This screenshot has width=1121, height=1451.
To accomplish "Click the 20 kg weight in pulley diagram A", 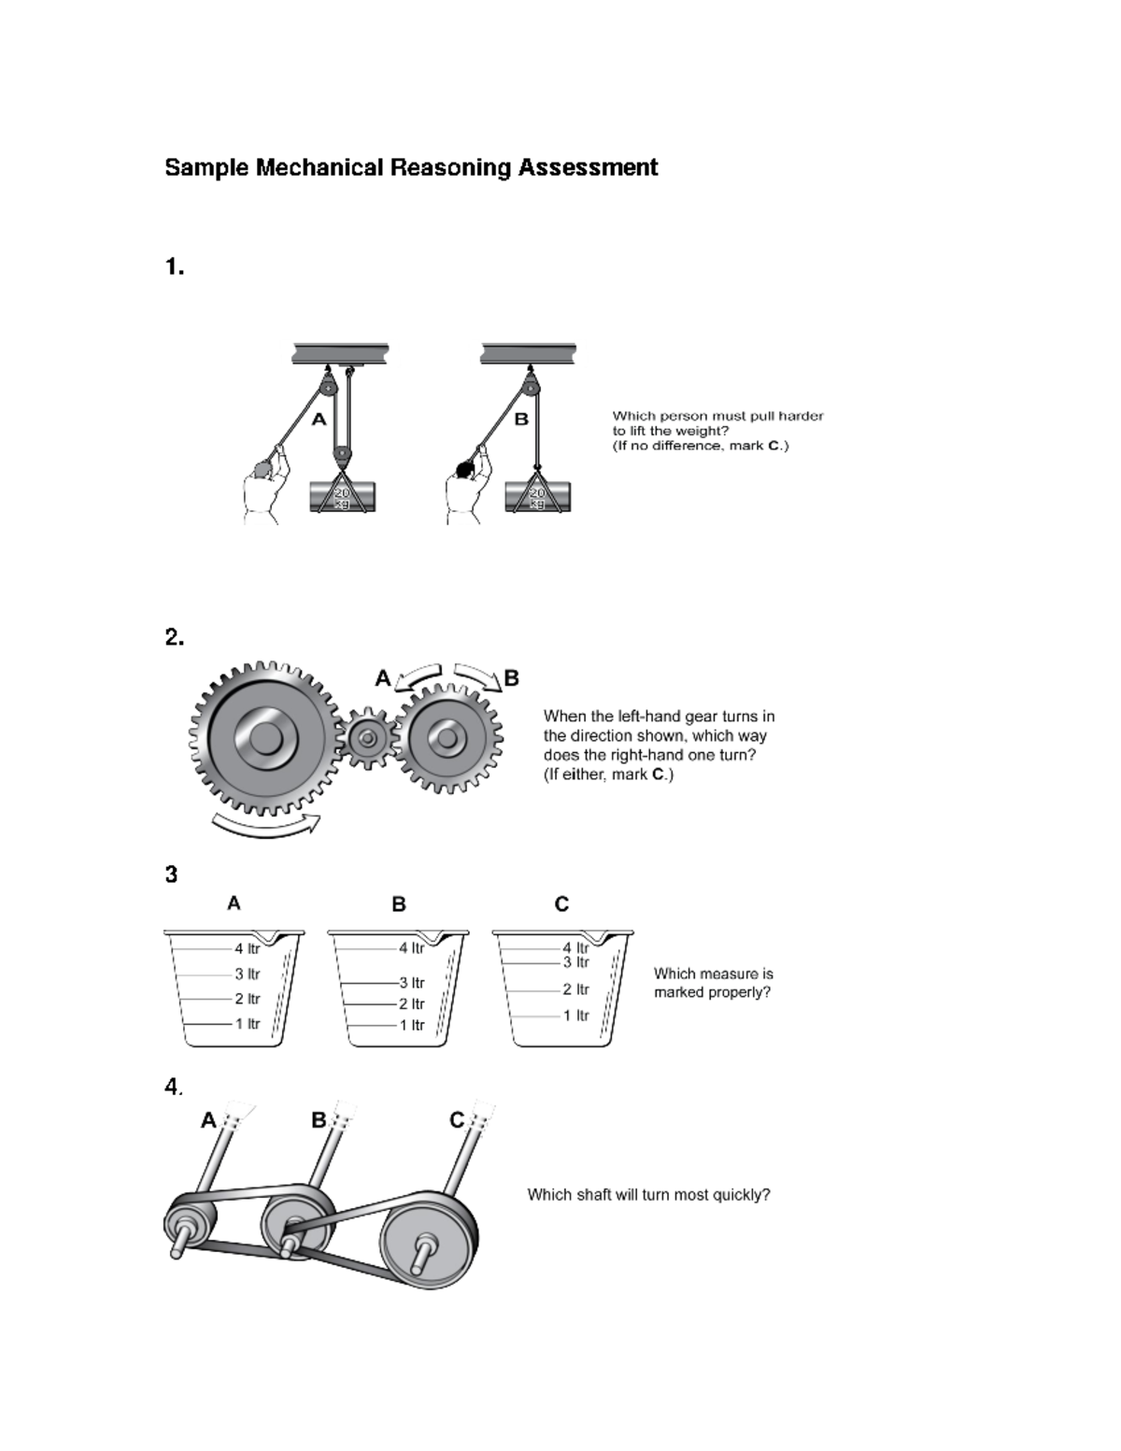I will [x=342, y=496].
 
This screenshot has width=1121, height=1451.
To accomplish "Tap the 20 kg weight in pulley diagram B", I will [x=537, y=496].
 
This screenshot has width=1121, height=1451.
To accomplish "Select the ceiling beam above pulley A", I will [x=340, y=353].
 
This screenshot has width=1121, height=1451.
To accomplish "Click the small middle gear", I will [x=368, y=740].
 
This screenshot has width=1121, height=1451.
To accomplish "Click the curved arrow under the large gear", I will [x=266, y=825].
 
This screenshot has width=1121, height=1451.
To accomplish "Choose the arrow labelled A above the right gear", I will [x=419, y=676].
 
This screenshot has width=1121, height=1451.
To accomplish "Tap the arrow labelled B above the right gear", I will [x=477, y=676].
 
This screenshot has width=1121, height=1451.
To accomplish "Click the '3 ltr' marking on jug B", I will [x=411, y=983].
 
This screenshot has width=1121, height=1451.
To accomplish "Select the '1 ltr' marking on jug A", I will [x=247, y=1024].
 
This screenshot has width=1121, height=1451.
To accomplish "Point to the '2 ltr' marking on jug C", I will [x=575, y=989].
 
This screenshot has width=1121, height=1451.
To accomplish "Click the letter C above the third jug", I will [x=561, y=904].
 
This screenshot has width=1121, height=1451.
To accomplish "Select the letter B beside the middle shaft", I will [x=319, y=1120].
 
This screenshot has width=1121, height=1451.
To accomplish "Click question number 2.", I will [x=174, y=638].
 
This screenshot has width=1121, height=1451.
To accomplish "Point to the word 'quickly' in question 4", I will [x=744, y=1195].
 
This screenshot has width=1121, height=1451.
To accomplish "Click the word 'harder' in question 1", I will [x=801, y=417].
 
